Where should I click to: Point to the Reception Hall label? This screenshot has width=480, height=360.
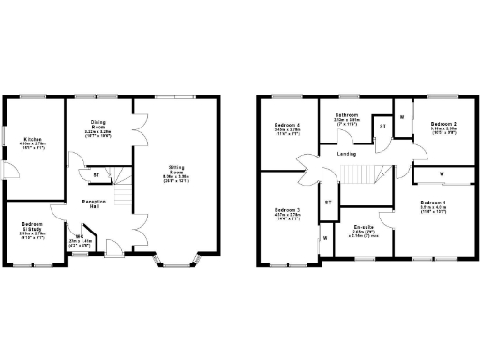[92, 203]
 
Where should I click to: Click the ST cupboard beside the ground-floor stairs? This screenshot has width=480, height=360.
[96, 175]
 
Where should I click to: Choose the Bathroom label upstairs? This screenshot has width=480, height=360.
[346, 117]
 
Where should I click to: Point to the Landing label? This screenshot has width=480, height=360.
[346, 154]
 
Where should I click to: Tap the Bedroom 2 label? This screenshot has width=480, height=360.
[443, 127]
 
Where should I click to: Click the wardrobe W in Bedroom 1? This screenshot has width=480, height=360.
[442, 174]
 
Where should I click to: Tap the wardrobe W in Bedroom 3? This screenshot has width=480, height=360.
[325, 238]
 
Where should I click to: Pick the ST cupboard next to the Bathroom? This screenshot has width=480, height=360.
[382, 126]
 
